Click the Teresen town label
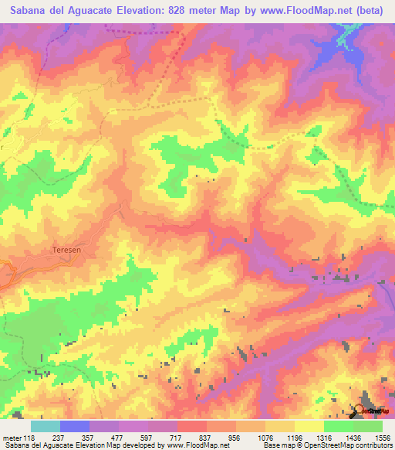point(66,250)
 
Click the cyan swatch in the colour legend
point(46,426)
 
